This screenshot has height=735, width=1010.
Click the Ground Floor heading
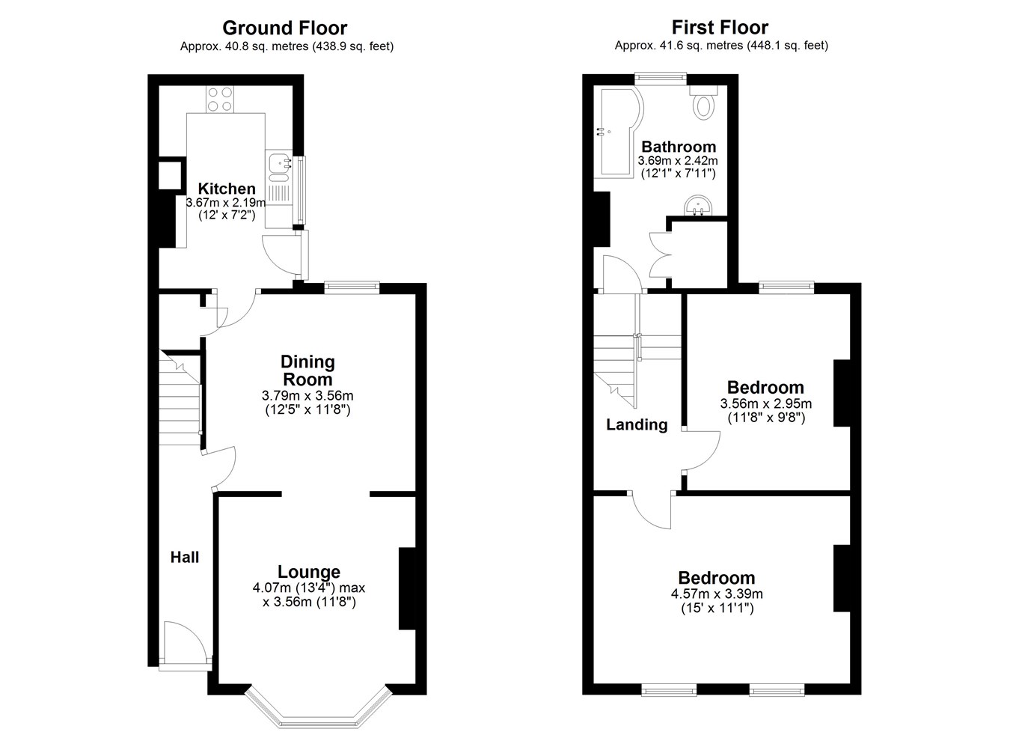(284, 28)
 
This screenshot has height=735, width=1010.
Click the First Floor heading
(720, 28)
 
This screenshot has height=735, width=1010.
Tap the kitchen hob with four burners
(220, 100)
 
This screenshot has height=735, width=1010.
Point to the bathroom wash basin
(699, 206)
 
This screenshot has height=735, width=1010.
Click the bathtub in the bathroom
(618, 131)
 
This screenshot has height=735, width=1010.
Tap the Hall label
(184, 557)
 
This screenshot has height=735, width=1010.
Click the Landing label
(637, 424)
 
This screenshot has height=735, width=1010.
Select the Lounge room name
(309, 572)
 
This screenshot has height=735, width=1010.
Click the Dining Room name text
(307, 370)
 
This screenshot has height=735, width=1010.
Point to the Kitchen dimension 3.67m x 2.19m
(226, 203)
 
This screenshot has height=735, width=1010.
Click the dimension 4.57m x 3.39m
(717, 594)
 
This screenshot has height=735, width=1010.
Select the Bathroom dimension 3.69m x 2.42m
(678, 161)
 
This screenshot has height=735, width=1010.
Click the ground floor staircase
(180, 399)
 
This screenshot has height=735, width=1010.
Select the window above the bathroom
(661, 78)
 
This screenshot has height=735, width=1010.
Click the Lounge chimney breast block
(407, 588)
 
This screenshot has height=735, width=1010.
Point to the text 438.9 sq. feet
(353, 46)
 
